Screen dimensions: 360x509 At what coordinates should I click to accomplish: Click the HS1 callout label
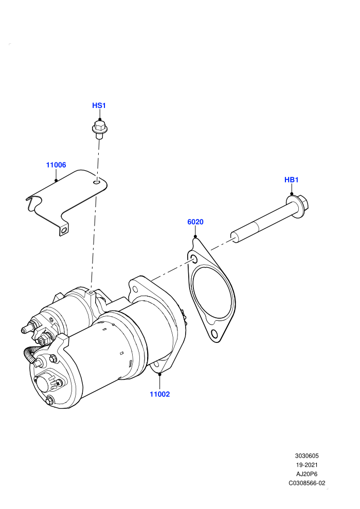[99, 105]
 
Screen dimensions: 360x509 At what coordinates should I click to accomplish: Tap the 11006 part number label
[56, 165]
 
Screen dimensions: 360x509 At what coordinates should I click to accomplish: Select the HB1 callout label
[291, 180]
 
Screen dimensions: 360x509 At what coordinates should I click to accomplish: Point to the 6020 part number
[195, 222]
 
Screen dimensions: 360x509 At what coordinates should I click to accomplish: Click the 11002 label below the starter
[160, 394]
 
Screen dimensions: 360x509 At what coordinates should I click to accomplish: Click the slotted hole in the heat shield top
[97, 183]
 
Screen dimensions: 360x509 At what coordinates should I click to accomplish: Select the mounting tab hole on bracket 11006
[64, 230]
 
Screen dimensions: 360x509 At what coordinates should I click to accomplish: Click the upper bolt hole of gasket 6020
[194, 259]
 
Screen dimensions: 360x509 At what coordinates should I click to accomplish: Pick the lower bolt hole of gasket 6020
[214, 333]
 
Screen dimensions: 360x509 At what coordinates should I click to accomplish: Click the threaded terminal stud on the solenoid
[26, 329]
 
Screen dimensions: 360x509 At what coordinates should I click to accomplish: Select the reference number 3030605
[307, 456]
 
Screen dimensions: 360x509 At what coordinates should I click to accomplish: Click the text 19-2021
[307, 465]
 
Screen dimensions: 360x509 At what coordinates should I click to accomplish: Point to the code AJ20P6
[307, 474]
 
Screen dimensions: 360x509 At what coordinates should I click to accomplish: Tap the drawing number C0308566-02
[307, 483]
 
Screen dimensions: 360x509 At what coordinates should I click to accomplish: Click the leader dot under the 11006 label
[56, 180]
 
